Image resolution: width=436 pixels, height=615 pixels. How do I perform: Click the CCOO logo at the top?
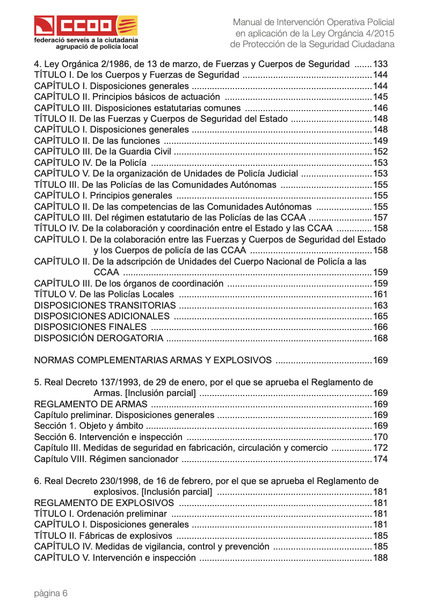click(x=86, y=26)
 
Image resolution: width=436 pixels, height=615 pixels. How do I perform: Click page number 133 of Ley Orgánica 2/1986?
click(x=380, y=64)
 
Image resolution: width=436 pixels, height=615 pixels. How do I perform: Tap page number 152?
click(x=380, y=152)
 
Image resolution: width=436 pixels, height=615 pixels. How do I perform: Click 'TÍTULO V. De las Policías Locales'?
click(x=104, y=294)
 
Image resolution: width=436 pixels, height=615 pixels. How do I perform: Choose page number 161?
click(x=380, y=294)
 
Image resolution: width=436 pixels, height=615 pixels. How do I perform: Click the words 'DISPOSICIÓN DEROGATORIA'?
click(x=98, y=338)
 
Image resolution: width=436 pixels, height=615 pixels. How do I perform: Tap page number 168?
click(x=380, y=338)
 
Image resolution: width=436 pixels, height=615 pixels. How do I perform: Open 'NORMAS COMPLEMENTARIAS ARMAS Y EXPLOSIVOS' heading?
click(x=152, y=360)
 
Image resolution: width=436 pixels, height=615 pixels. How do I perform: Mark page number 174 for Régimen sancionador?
click(x=380, y=459)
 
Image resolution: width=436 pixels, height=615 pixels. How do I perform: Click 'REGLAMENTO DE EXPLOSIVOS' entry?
click(x=104, y=503)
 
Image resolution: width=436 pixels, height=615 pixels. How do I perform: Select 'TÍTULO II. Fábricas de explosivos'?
click(x=103, y=536)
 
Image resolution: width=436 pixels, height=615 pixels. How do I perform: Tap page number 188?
click(x=380, y=558)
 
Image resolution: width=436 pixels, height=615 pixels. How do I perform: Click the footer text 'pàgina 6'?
click(x=51, y=593)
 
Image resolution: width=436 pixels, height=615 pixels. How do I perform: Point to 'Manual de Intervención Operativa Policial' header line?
click(x=313, y=23)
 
